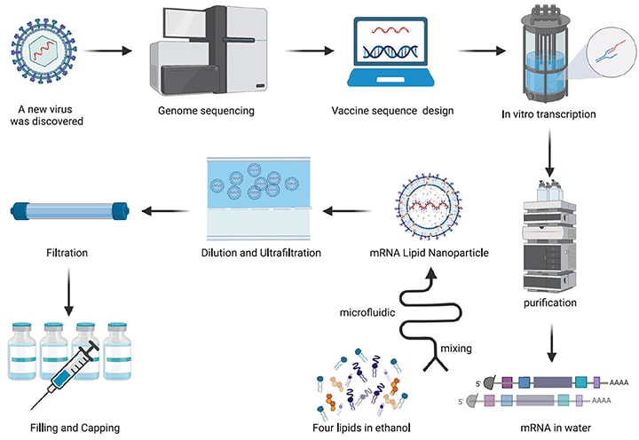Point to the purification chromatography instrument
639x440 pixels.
coord(551,235)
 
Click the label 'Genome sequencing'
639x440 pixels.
coord(207,113)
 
